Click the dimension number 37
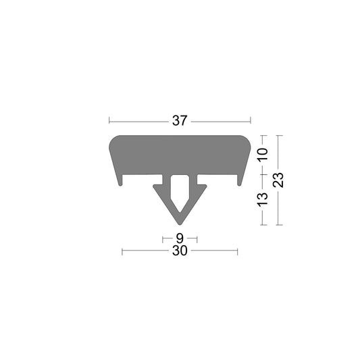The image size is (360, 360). pyautogui.click(x=179, y=121)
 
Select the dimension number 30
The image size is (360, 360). pyautogui.click(x=179, y=251)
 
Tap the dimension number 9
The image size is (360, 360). pyautogui.click(x=179, y=238)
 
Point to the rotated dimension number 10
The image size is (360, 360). pyautogui.click(x=263, y=155)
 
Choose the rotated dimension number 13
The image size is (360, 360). pyautogui.click(x=263, y=199)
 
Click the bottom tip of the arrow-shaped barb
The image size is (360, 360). pyautogui.click(x=180, y=224)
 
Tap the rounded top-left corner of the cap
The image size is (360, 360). pyautogui.click(x=113, y=139)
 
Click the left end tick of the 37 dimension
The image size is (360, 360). pyautogui.click(x=109, y=121)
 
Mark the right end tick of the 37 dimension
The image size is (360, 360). pyautogui.click(x=250, y=121)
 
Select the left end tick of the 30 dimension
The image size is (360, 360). pyautogui.click(x=122, y=251)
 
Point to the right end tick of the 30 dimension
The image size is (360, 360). pyautogui.click(x=237, y=251)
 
